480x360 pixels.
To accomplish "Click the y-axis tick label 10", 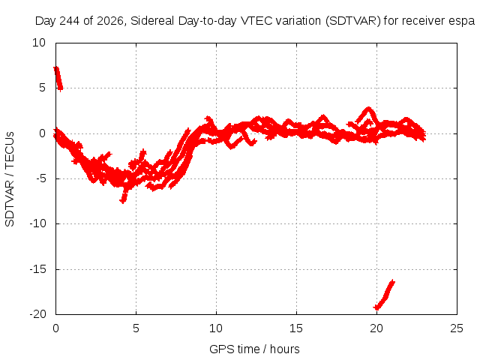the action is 39,43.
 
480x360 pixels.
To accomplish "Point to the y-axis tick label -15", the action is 37,269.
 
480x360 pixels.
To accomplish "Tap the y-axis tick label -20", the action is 37,314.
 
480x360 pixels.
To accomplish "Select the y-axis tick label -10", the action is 37,223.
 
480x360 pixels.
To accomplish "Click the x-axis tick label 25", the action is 457,328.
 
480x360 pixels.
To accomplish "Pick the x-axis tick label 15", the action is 296,328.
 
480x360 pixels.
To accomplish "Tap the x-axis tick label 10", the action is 216,328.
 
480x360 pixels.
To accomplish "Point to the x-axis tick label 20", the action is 376,328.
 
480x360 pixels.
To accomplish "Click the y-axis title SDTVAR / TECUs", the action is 10,179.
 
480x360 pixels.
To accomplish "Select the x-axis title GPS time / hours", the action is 254,349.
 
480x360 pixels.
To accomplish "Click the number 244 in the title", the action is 69,21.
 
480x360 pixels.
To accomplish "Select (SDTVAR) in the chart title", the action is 352,21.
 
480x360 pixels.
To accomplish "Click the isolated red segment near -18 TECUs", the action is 385,295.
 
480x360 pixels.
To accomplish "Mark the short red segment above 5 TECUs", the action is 58,79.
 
